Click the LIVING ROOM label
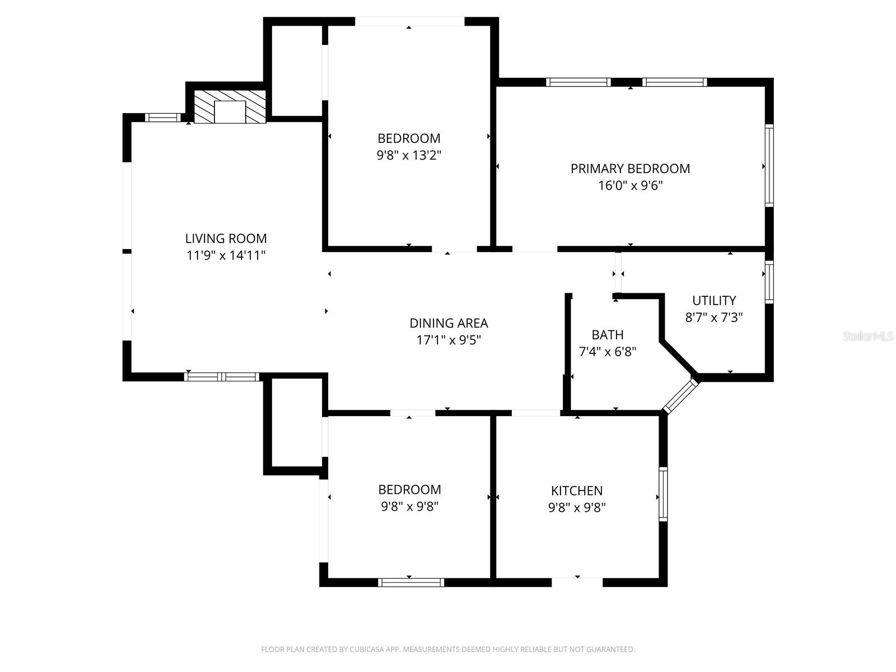pyautogui.click(x=226, y=239)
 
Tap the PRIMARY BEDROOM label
pyautogui.click(x=630, y=169)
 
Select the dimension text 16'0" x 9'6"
pyautogui.click(x=630, y=186)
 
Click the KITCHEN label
pyautogui.click(x=577, y=491)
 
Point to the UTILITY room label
pyautogui.click(x=714, y=300)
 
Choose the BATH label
pyautogui.click(x=608, y=334)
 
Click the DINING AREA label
pyautogui.click(x=449, y=323)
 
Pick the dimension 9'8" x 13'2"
pyautogui.click(x=409, y=156)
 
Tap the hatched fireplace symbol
pyautogui.click(x=230, y=106)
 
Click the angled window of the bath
pyautogui.click(x=680, y=395)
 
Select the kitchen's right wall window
pyautogui.click(x=664, y=494)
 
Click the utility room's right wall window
pyautogui.click(x=769, y=282)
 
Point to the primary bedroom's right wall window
pyautogui.click(x=769, y=165)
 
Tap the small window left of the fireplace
pyautogui.click(x=163, y=118)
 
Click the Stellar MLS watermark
pyautogui.click(x=868, y=336)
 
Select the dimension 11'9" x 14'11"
pyautogui.click(x=226, y=255)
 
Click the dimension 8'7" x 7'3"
pyautogui.click(x=714, y=318)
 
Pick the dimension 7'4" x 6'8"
pyautogui.click(x=608, y=352)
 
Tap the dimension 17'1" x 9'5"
pyautogui.click(x=449, y=340)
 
